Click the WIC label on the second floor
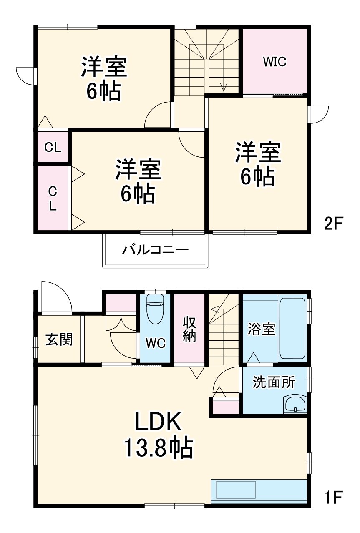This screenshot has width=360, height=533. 274,62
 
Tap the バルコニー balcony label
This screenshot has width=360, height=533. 155,250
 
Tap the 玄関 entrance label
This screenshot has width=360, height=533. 59,339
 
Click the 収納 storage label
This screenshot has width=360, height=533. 189,329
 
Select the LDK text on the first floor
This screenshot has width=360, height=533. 158,422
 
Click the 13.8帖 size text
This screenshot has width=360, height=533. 158,448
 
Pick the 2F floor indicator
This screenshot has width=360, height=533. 333,224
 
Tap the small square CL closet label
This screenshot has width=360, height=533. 53,147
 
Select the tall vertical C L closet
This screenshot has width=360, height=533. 53,199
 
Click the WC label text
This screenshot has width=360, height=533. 155,343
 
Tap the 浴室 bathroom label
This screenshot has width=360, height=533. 261,329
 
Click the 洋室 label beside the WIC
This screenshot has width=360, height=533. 258,153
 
